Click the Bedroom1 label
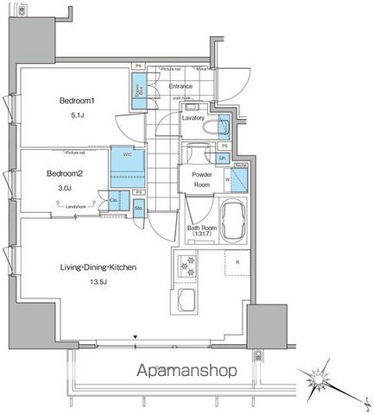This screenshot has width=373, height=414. coord(76,101)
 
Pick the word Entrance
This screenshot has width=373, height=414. coord(180,86)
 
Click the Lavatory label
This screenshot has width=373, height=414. coord(193,117)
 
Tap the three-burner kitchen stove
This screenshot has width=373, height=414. coord(186,267)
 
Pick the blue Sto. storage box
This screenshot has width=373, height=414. coord(138,207)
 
